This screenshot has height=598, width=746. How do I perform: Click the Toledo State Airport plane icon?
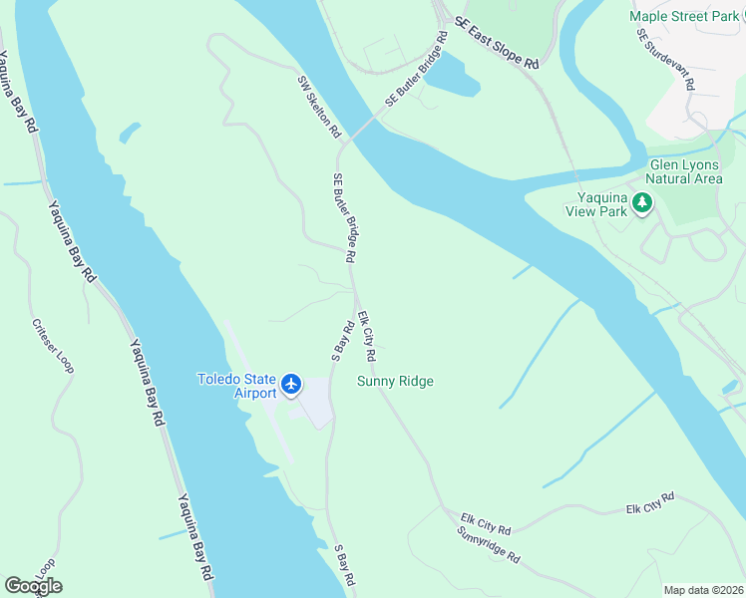(291, 384)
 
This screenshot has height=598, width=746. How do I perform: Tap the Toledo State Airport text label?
(236, 386)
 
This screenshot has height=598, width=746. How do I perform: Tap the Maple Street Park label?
(684, 17)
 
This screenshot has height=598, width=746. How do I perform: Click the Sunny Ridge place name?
(396, 381)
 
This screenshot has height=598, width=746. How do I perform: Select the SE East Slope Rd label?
(496, 42)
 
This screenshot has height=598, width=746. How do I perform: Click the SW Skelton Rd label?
(319, 106)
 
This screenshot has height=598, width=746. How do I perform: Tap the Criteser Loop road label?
(53, 347)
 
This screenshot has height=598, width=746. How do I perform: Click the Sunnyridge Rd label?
(488, 547)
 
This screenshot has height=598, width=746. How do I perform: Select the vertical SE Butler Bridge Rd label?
(344, 216)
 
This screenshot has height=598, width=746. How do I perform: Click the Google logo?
(34, 585)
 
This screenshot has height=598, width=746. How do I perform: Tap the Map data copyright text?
(702, 589)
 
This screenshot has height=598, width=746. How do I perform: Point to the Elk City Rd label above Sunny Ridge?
(367, 337)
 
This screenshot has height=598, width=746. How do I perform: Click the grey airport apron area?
(314, 404)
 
